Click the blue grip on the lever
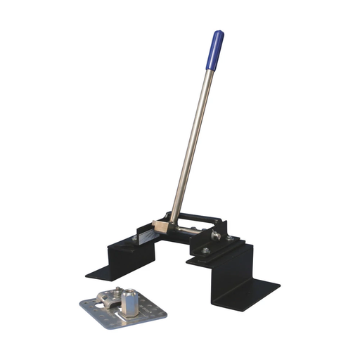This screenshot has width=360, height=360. [214, 51]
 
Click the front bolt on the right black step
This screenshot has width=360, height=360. [205, 250]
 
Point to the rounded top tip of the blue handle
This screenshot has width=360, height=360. [218, 33]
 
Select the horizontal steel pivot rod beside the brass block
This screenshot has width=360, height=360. [186, 229]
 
